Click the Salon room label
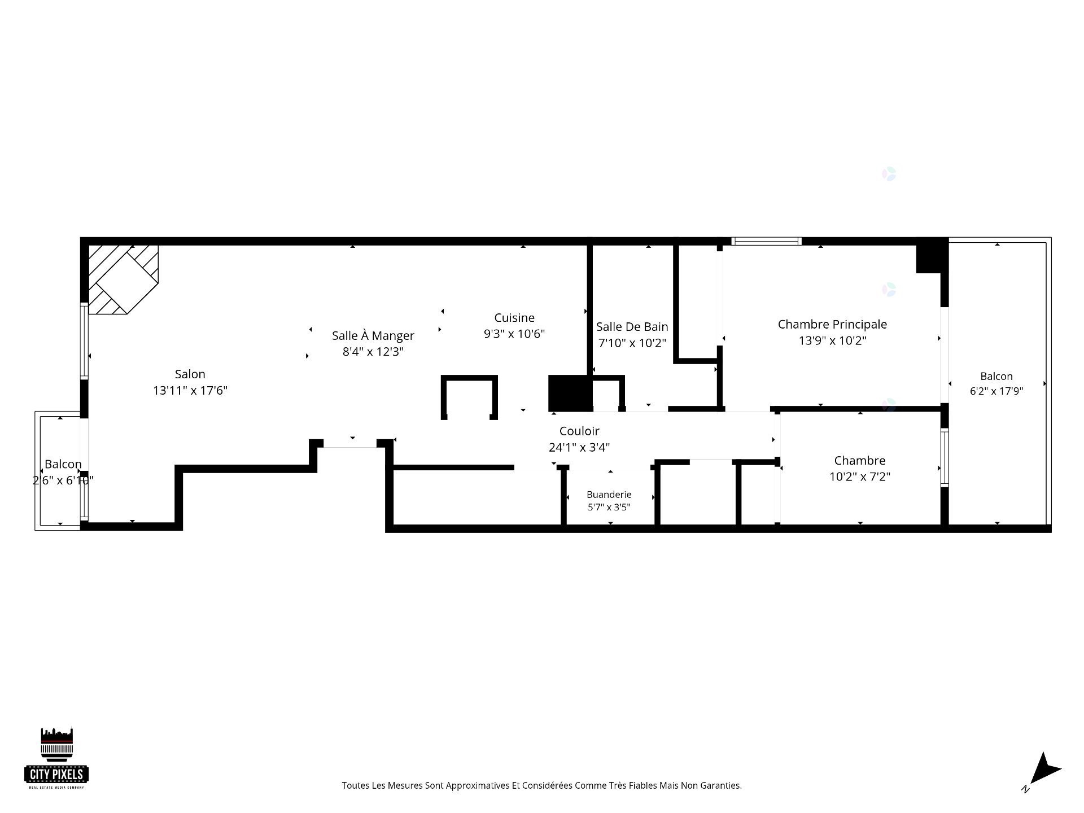pos(190,374)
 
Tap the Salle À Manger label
pos(373,335)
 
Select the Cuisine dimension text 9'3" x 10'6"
pos(514,334)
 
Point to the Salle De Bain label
pos(632,326)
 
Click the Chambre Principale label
pos(832,324)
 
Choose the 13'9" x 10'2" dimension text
pos(832,340)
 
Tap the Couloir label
pos(579,431)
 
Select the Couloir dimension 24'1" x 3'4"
pos(579,447)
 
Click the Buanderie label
pos(609,495)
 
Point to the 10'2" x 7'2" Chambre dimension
pos(859,477)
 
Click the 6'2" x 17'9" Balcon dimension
pos(996,391)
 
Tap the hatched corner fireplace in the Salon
pos(123,279)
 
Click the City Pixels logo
pos(56,758)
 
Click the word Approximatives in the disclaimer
pos(477,785)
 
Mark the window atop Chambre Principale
pos(766,241)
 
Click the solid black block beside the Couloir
pos(570,393)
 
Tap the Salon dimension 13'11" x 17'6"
pos(190,390)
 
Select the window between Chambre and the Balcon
pos(944,457)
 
